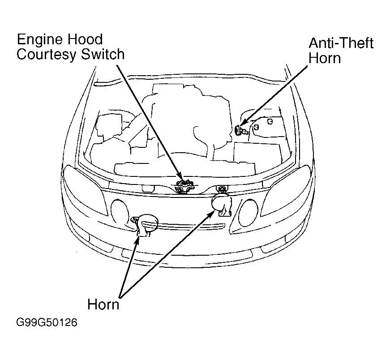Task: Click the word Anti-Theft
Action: pos(341,44)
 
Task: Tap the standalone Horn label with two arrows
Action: pos(103,304)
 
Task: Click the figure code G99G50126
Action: pos(46,323)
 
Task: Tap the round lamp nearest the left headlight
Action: pos(120,212)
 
